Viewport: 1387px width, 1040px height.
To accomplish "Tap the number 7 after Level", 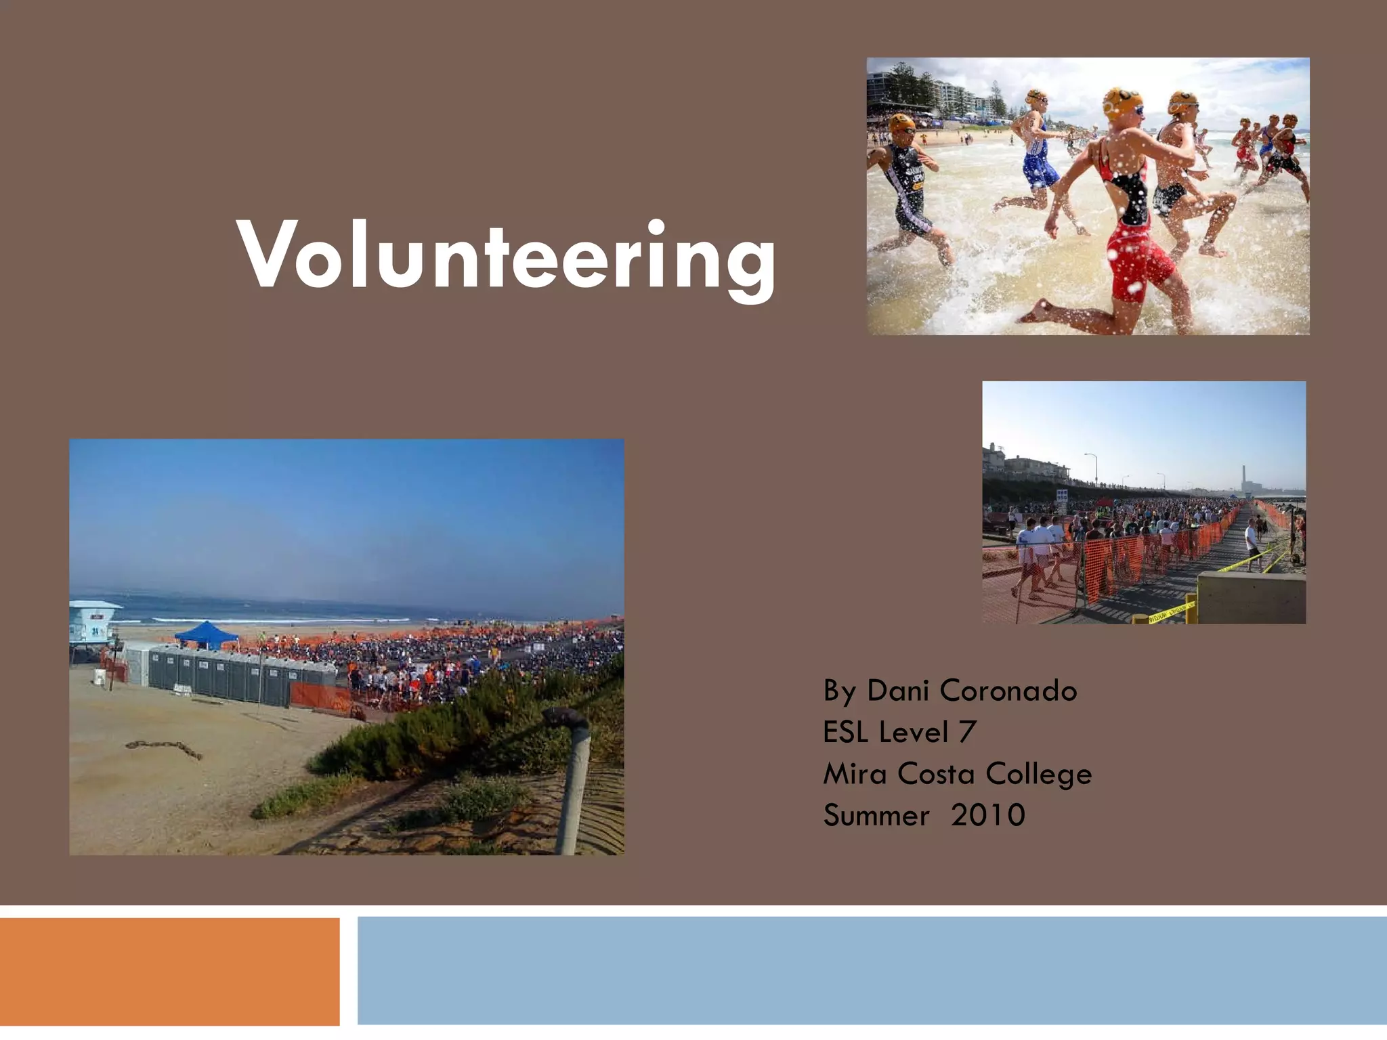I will [967, 733].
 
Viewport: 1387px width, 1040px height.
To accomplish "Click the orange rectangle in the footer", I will [169, 972].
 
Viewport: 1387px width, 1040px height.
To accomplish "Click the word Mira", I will [854, 774].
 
